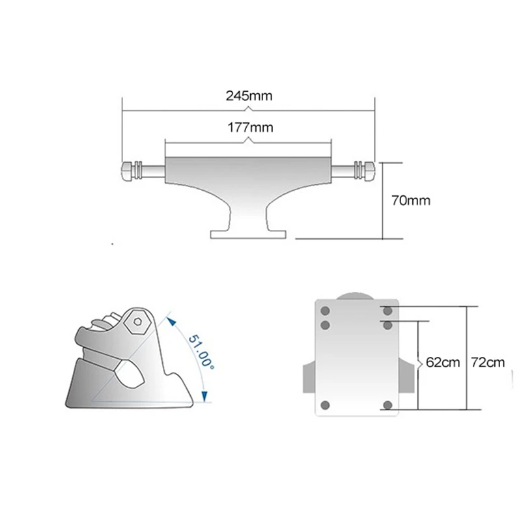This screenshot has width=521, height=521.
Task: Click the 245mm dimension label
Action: pos(248,96)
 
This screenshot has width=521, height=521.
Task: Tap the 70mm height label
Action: pos(410,200)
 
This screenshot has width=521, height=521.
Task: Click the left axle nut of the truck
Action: pos(129,171)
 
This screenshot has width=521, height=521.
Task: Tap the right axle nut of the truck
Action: pos(366,171)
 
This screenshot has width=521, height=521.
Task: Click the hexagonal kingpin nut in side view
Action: pos(138,320)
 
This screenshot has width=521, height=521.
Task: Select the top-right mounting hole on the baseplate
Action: pos(388,311)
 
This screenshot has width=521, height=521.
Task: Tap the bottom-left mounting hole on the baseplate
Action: pos(326,404)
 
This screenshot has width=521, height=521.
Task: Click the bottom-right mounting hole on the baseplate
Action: pos(388,405)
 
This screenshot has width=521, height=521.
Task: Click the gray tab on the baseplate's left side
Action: pos(308,378)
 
